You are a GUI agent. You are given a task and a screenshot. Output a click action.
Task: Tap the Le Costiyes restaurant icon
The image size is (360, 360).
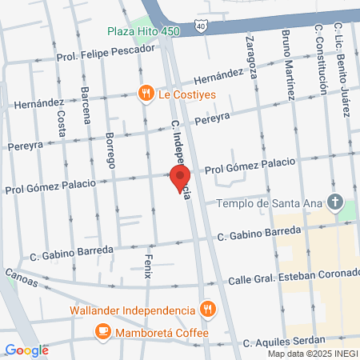146,93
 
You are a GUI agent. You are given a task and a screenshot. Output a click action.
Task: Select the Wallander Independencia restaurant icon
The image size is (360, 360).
207,310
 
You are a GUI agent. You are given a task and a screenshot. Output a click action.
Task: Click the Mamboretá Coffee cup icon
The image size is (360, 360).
102,331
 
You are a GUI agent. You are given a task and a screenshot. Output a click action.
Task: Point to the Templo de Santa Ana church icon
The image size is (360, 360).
335,202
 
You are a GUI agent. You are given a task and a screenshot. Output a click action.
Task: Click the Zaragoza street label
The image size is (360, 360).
250,56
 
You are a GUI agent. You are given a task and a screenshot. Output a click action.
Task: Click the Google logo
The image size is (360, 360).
26,350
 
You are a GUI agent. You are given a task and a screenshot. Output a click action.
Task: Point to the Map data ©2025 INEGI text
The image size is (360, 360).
312,354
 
